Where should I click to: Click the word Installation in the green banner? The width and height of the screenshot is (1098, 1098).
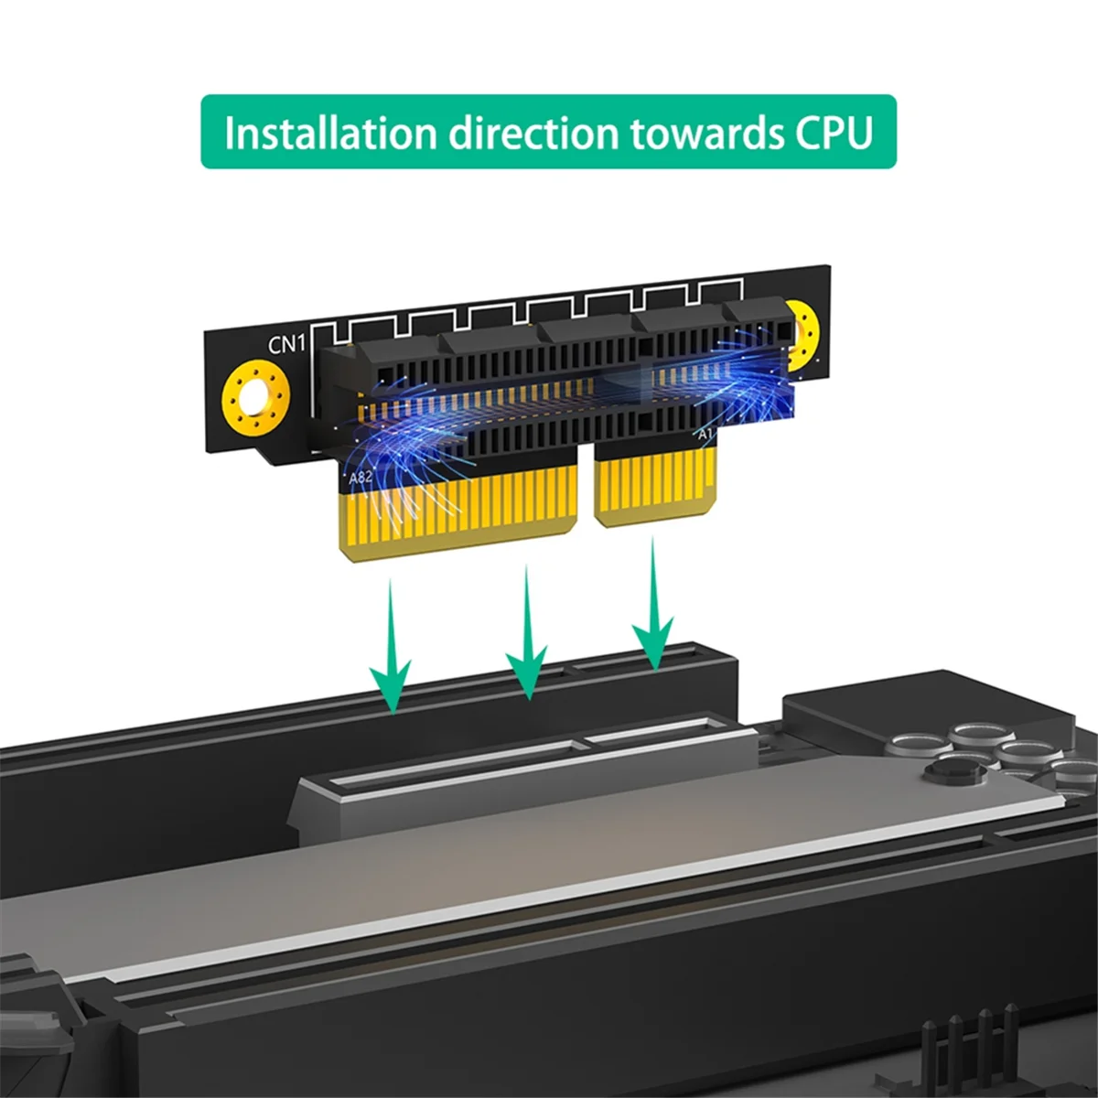pyautogui.click(x=330, y=133)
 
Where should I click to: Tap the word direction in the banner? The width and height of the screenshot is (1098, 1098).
pyautogui.click(x=533, y=133)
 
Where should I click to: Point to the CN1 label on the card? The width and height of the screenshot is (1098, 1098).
pyautogui.click(x=285, y=345)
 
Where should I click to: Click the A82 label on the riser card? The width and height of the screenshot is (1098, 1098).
pyautogui.click(x=361, y=477)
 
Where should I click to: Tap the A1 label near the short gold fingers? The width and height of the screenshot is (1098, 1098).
pyautogui.click(x=705, y=435)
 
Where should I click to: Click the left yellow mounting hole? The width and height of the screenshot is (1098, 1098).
pyautogui.click(x=256, y=397)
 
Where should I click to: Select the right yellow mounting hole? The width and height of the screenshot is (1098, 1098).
pyautogui.click(x=802, y=334)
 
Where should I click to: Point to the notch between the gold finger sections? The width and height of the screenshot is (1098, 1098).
pyautogui.click(x=586, y=494)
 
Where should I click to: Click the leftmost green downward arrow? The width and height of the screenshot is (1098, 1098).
pyautogui.click(x=392, y=650)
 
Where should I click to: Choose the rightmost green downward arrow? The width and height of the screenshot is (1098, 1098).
pyautogui.click(x=652, y=608)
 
